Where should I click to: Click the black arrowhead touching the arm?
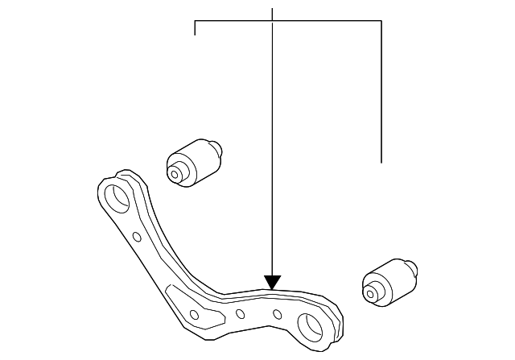pyautogui.click(x=273, y=282)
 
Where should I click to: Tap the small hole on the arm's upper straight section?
pyautogui.click(x=137, y=237)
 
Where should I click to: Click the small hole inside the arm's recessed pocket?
pyautogui.click(x=193, y=313)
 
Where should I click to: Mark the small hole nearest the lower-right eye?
pyautogui.click(x=277, y=313)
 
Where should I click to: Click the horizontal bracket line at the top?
pyautogui.click(x=288, y=21)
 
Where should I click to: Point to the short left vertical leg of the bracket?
pyautogui.click(x=196, y=28)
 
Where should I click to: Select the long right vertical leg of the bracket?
pyautogui.click(x=381, y=89)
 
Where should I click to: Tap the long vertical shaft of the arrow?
pyautogui.click(x=273, y=145)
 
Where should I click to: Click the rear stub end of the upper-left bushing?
pyautogui.click(x=216, y=147)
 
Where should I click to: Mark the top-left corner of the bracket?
pyautogui.click(x=196, y=21)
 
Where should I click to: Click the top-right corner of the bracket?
pyautogui.click(x=381, y=21)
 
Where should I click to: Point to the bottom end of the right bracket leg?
pyautogui.click(x=381, y=162)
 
